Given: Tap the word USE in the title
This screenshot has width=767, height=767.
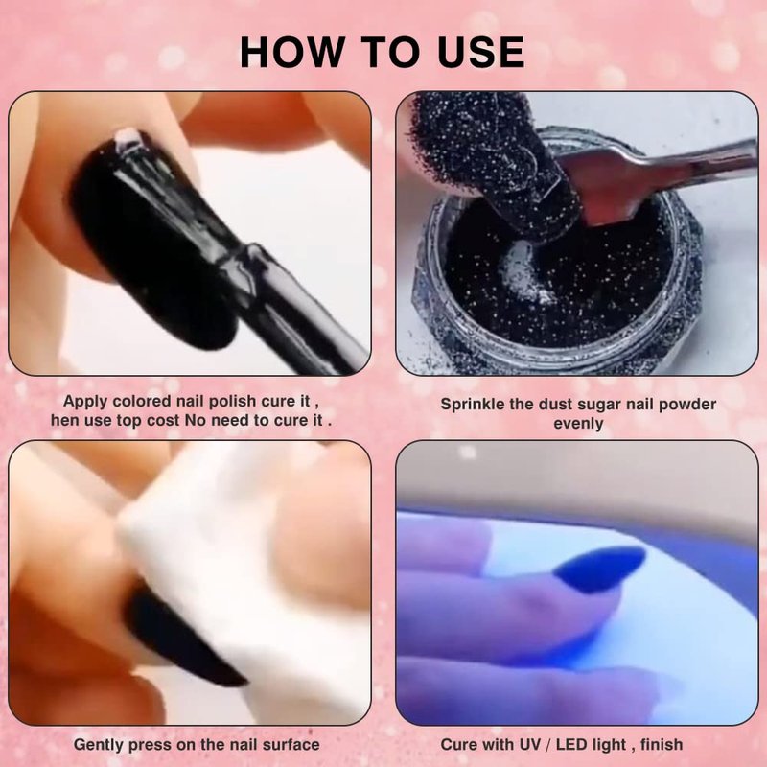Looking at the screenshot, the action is [x=481, y=52].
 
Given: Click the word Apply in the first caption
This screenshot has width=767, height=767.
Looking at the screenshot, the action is [x=85, y=402].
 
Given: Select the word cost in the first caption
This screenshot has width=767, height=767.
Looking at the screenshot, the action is [x=162, y=421].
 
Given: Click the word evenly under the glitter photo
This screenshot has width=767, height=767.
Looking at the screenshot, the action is [x=578, y=424].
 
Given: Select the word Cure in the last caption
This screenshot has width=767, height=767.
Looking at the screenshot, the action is [x=458, y=745].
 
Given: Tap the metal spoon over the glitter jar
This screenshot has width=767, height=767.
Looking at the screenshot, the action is [x=656, y=178].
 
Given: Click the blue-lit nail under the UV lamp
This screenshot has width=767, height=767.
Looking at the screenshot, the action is [x=600, y=569].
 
